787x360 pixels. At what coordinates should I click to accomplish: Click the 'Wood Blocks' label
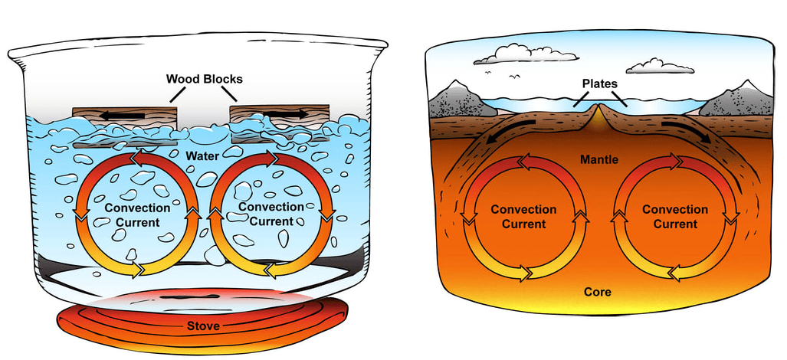(205, 79)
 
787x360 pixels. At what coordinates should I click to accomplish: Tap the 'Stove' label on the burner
(203, 326)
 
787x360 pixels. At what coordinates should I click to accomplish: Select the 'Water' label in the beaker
(202, 156)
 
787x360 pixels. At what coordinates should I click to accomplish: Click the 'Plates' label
(600, 83)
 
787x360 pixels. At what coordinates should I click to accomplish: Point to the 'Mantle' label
(598, 160)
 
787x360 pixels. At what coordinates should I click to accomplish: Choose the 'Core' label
(598, 292)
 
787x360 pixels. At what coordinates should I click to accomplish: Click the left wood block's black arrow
(122, 116)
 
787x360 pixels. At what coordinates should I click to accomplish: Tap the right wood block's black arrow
(283, 114)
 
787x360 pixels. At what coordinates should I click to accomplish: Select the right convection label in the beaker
(271, 214)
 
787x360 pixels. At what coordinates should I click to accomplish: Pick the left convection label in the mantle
(523, 217)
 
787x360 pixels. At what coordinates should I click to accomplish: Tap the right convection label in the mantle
(675, 216)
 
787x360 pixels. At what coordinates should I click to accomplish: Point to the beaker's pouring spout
(18, 51)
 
